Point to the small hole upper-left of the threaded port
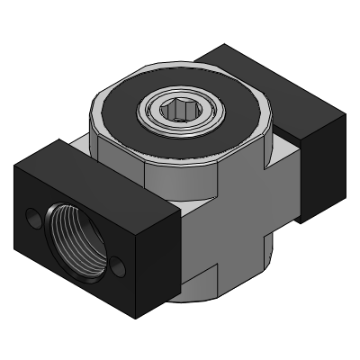33,219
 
